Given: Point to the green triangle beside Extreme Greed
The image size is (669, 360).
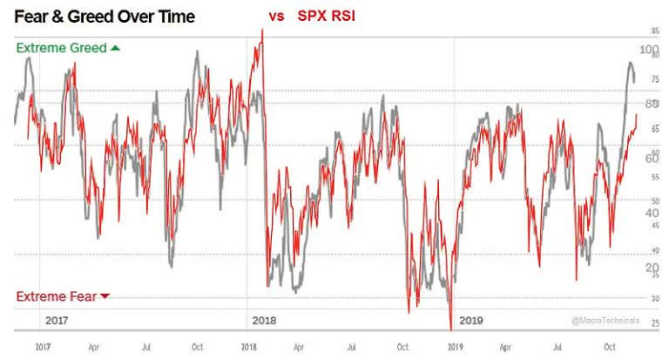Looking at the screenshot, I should pyautogui.click(x=114, y=48).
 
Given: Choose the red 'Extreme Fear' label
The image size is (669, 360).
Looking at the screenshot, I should pyautogui.click(x=56, y=295).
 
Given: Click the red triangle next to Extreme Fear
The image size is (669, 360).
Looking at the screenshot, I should pyautogui.click(x=105, y=296).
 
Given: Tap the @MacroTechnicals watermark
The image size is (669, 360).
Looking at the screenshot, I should pyautogui.click(x=605, y=321).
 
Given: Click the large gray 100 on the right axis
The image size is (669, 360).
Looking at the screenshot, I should pyautogui.click(x=650, y=50).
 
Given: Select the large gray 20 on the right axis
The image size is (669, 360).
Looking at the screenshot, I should pyautogui.click(x=651, y=268).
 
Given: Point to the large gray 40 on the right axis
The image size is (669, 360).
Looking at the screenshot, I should pyautogui.click(x=651, y=213).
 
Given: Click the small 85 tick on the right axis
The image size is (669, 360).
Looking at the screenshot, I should pyautogui.click(x=654, y=31).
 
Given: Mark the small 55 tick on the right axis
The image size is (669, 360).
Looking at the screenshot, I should pyautogui.click(x=654, y=177).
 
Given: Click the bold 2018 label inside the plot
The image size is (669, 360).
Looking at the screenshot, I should pyautogui.click(x=264, y=321).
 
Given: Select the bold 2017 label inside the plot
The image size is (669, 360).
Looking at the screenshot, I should pyautogui.click(x=57, y=321).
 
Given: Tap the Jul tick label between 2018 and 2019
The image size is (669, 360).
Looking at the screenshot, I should pyautogui.click(x=351, y=346).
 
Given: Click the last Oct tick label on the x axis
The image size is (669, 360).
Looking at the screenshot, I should pyautogui.click(x=610, y=346).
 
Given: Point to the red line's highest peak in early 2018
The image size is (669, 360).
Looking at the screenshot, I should pyautogui.click(x=262, y=30).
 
